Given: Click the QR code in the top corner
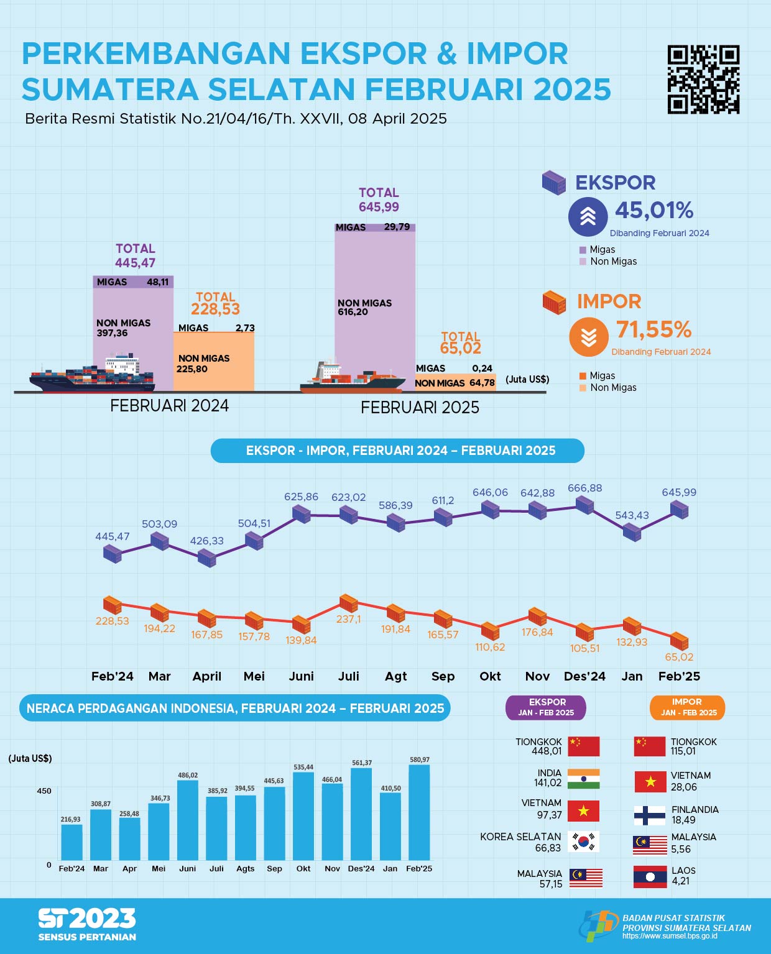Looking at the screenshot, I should pos(703,80).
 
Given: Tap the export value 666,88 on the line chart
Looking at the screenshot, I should pos(584,488).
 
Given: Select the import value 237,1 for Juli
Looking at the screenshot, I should pos(349,619).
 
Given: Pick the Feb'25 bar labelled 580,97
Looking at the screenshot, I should pos(419,812).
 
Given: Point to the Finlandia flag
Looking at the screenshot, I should pos(650,815).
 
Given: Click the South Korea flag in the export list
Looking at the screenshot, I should pos(584,842).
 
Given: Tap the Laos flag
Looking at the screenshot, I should pos(650,876).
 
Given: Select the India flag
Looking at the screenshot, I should pos(584,779).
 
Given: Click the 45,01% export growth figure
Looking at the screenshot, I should pos(654,211).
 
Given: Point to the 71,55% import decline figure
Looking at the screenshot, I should pos(653,329).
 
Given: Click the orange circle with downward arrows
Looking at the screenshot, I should pos(588,337).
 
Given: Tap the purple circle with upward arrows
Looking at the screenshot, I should pos(588,217).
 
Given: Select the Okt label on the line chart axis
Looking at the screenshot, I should pos(490,676).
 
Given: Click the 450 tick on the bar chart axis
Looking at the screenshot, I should pos(44,791).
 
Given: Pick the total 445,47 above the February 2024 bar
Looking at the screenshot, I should pos(135,263).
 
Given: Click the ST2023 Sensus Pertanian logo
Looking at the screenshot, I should pos(87,924).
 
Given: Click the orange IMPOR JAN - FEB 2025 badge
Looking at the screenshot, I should pos(686,707).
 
